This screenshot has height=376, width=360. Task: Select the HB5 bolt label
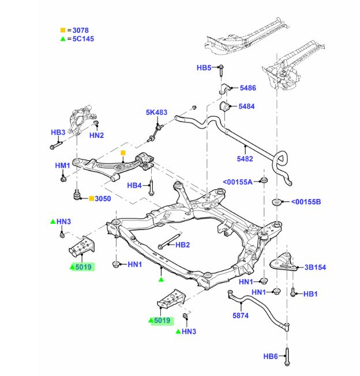pyautogui.click(x=204, y=67)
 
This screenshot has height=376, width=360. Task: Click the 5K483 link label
pyautogui.click(x=156, y=112)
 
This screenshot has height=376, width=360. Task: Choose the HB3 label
pyautogui.click(x=58, y=133)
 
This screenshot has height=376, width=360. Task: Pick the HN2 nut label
pyautogui.click(x=96, y=136)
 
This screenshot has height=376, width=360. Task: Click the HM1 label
pyautogui.click(x=62, y=166)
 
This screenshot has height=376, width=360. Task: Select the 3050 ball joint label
pyautogui.click(x=102, y=199)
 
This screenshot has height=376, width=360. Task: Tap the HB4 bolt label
pyautogui.click(x=134, y=185)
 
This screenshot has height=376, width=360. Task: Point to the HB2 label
pyautogui.click(x=182, y=245)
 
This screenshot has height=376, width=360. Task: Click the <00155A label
pyautogui.click(x=238, y=183)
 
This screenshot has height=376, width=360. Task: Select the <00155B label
pyautogui.click(x=305, y=202)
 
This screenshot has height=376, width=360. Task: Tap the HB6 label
pyautogui.click(x=271, y=356)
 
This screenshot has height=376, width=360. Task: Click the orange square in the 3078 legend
pyautogui.click(x=63, y=30)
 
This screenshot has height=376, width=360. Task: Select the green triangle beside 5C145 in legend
pyautogui.click(x=63, y=39)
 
